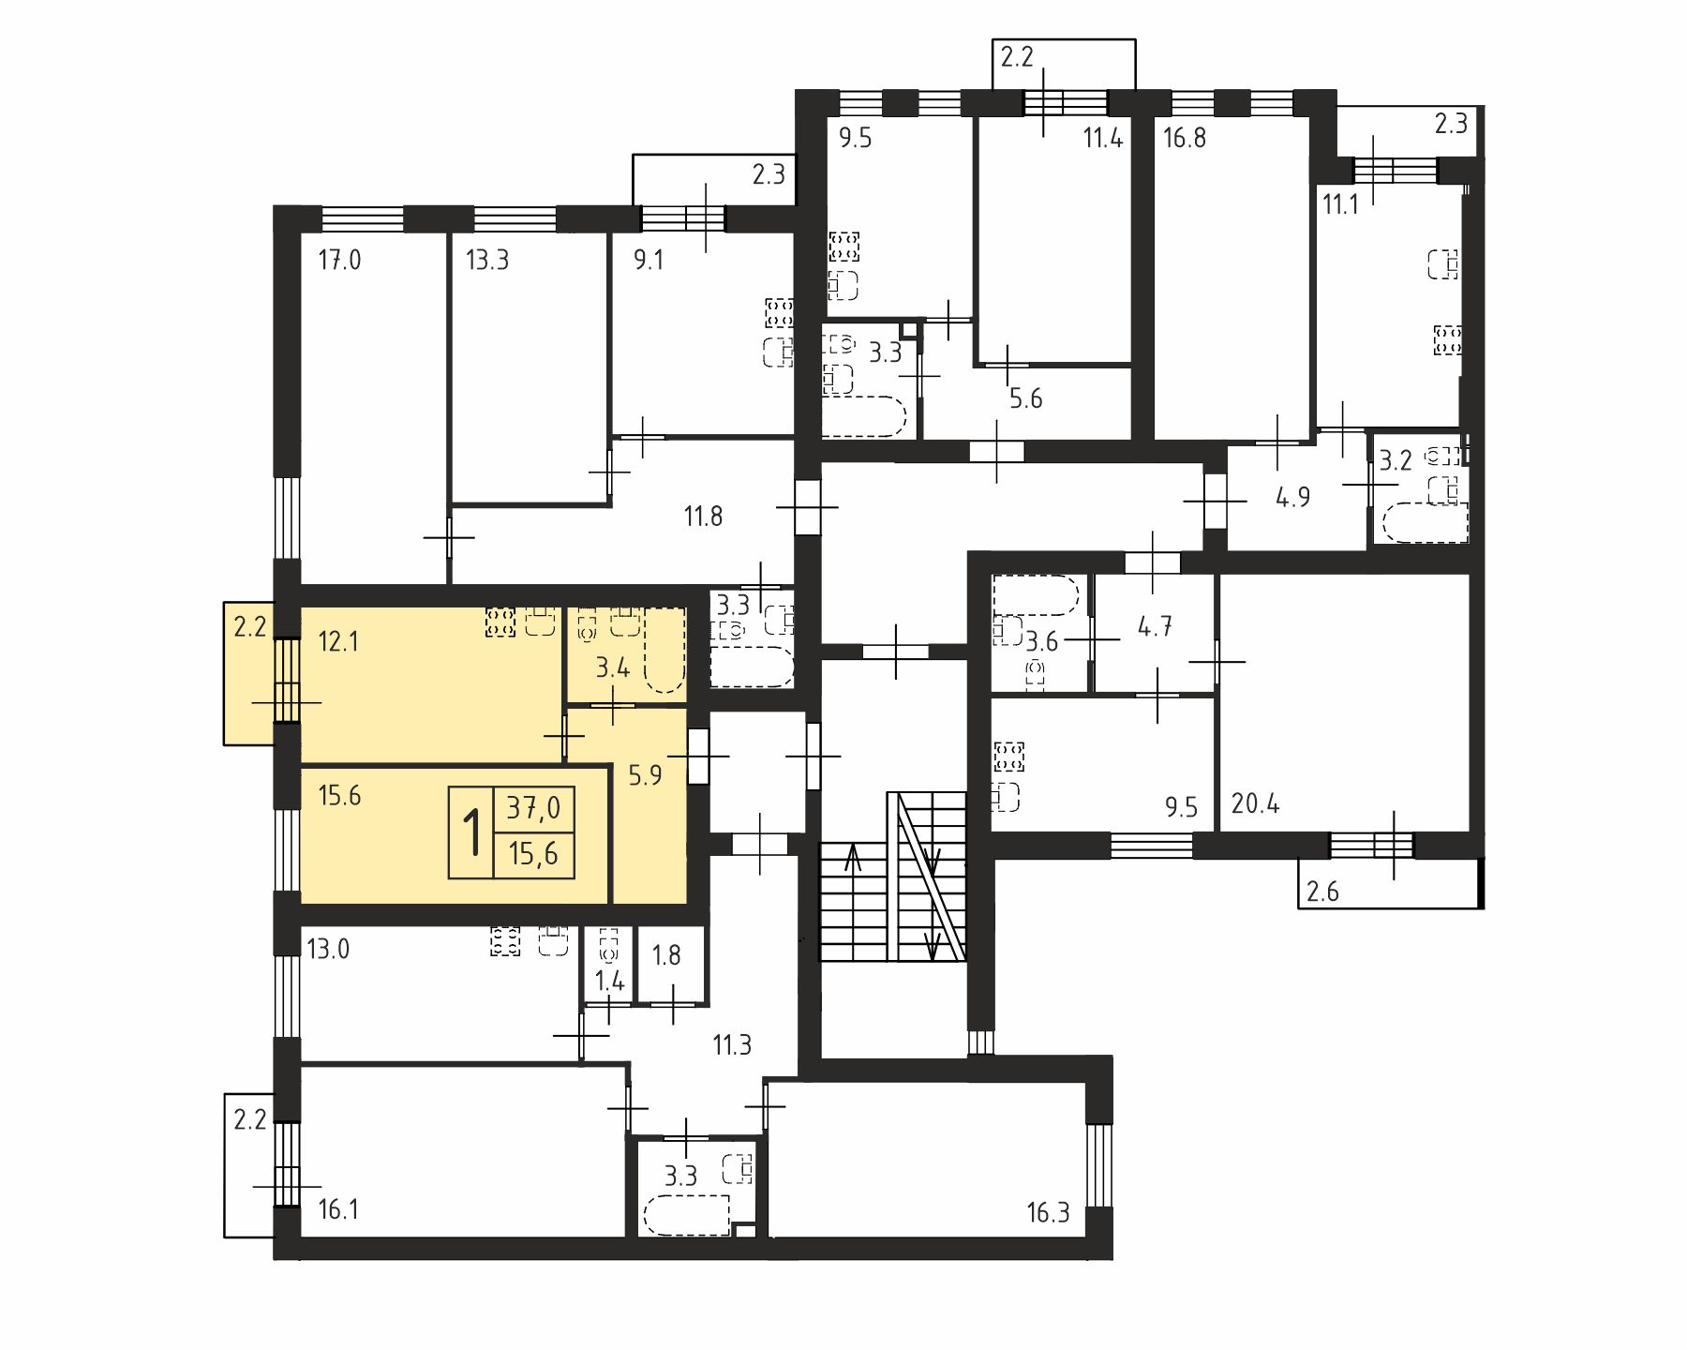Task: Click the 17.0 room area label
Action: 339,260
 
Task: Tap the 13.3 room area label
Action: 487,260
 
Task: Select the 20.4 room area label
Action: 1255,804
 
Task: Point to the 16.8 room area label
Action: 1185,139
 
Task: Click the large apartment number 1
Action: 472,832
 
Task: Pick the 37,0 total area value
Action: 533,807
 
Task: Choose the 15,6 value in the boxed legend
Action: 533,854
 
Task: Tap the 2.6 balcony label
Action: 1322,892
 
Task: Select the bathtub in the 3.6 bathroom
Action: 1036,594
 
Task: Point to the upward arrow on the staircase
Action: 853,858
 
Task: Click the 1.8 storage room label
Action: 666,955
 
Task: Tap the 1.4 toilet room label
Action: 609,982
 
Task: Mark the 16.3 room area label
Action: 1048,1213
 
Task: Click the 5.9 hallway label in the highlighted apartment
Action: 645,775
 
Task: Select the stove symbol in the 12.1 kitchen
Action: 500,622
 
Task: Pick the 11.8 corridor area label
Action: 703,517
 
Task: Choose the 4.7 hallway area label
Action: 1155,626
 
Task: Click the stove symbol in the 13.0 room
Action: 505,941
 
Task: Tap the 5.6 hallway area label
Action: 1025,399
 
